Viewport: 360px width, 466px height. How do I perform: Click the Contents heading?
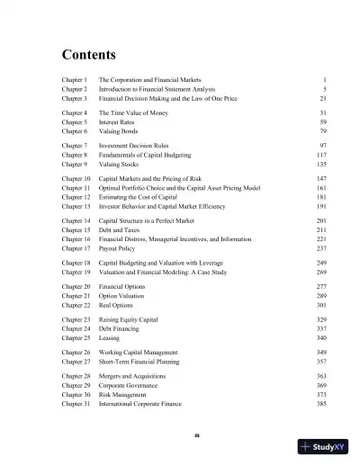93,52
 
